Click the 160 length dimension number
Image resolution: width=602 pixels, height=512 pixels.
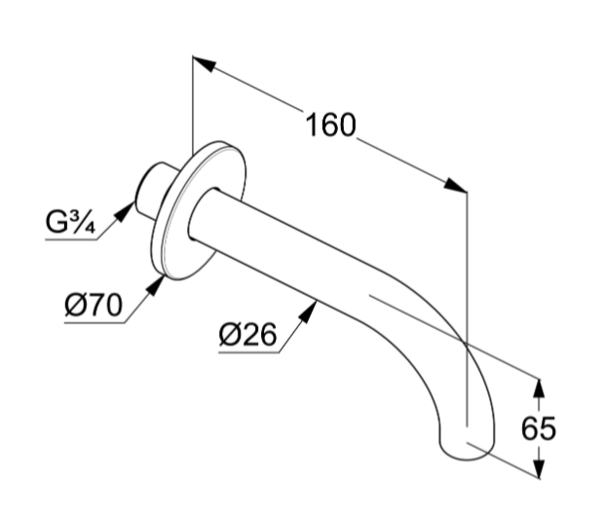(330, 125)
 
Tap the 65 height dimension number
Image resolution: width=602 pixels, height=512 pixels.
(539, 427)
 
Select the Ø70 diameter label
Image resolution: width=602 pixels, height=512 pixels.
(94, 306)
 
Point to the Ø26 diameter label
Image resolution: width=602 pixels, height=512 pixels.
(247, 334)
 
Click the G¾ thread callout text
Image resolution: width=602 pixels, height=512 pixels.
(70, 222)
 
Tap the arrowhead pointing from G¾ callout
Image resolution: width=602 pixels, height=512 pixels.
(125, 212)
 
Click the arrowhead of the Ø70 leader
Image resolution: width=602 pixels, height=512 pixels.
(156, 285)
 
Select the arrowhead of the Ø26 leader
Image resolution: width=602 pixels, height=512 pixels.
(308, 311)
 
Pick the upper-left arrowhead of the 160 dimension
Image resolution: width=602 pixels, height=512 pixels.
(205, 63)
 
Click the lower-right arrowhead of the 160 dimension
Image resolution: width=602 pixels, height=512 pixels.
(455, 185)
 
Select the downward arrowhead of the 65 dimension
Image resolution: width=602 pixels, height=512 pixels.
(539, 468)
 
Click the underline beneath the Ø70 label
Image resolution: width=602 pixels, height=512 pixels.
(94, 323)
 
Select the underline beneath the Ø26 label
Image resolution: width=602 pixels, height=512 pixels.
(249, 351)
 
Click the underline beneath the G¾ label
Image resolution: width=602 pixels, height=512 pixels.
(71, 239)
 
